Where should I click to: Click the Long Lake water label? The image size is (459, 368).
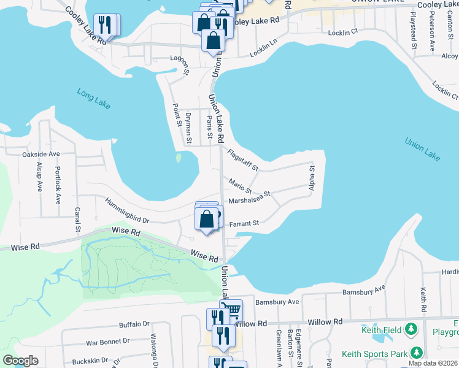click(x=94, y=99)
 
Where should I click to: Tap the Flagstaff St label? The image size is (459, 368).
click(x=242, y=160)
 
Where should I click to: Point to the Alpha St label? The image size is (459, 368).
click(x=312, y=177)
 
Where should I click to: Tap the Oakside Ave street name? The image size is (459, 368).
click(x=40, y=154)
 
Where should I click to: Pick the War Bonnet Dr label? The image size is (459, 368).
click(x=109, y=341)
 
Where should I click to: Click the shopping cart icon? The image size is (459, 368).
click(x=231, y=310)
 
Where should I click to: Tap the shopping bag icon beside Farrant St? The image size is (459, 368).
click(x=207, y=218)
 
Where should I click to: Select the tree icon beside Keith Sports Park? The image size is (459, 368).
click(x=417, y=353)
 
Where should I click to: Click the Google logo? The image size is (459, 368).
click(x=20, y=361)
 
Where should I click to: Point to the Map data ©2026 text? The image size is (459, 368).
click(x=433, y=363)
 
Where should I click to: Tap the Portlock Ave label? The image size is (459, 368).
click(x=58, y=184)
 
